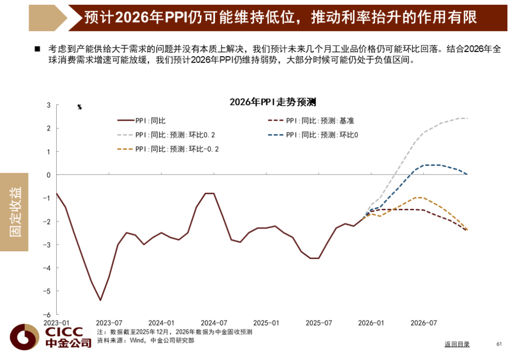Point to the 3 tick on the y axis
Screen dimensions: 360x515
tap(49, 105)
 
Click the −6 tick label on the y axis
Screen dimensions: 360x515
tap(47, 315)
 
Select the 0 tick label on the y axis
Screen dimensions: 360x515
tap(49, 175)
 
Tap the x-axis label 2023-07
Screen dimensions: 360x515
tap(109, 323)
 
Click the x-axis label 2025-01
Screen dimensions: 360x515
tap(266, 323)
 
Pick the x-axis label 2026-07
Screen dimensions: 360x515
tap(424, 323)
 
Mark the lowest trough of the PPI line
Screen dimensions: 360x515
tap(100, 300)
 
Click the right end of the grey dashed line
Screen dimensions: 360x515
tap(467, 118)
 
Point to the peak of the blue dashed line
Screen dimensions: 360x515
tap(432, 165)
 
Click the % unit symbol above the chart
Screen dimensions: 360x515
tap(80, 107)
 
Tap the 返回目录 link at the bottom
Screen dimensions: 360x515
tap(457, 344)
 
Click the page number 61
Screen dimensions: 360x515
tap(499, 344)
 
